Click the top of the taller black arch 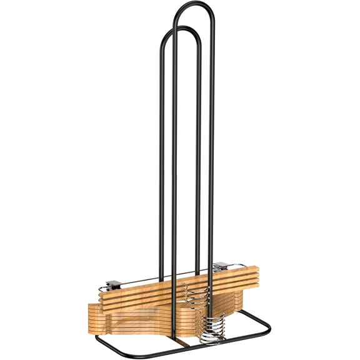click(x=194, y=4)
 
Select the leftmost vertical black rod click(x=161, y=156)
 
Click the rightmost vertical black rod click(x=212, y=156)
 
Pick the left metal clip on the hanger click(x=113, y=285)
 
